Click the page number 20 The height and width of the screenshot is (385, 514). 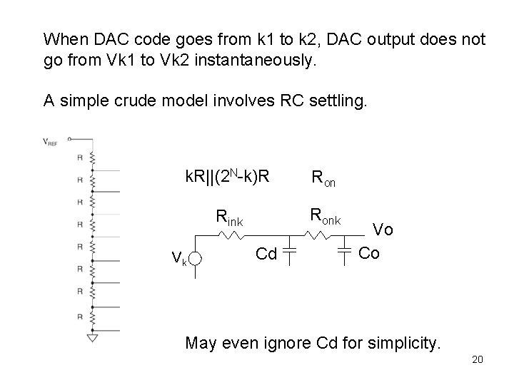tap(477, 359)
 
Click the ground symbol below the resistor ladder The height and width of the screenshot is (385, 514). tap(91, 337)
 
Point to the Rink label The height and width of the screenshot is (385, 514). tap(229, 220)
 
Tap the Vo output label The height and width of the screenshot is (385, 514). tap(383, 229)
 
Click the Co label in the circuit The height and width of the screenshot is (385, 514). tap(369, 253)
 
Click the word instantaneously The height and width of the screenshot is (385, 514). tap(259, 61)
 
